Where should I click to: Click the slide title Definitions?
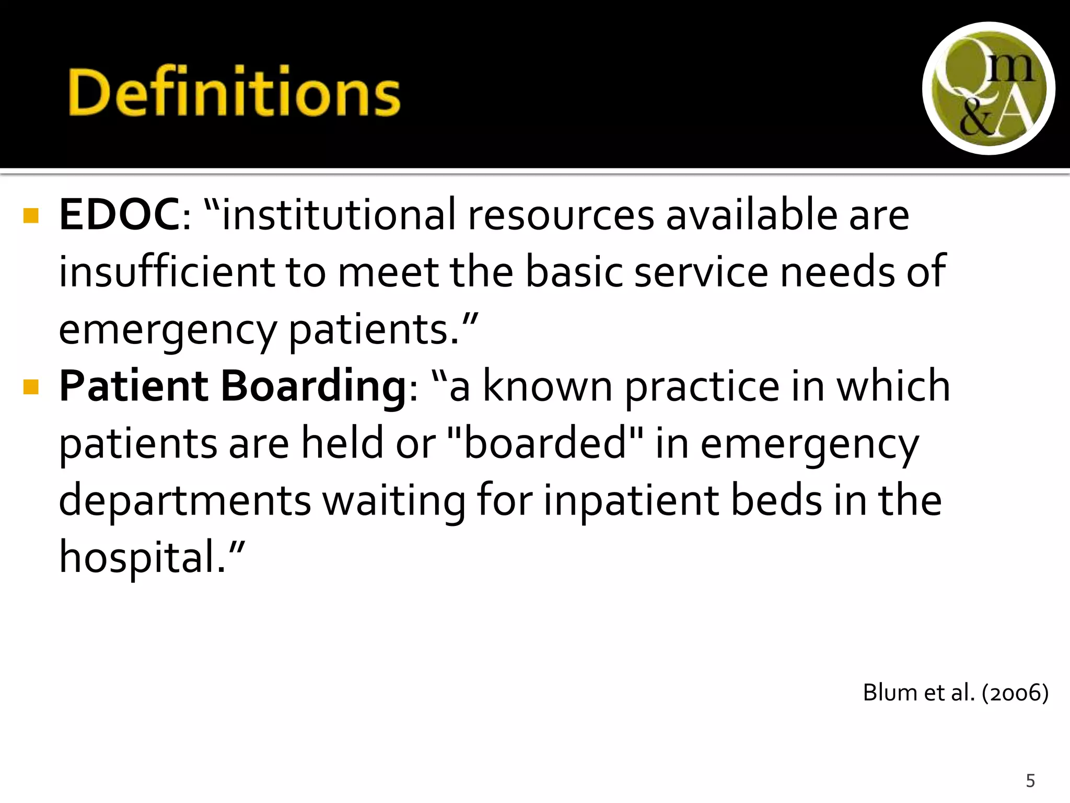point(234,92)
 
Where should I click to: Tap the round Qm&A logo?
point(988,88)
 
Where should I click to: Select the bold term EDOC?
point(119,215)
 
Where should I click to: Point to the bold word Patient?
point(134,386)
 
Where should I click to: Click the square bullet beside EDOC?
point(31,216)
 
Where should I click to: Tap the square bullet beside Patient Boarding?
point(31,387)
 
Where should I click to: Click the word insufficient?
point(166,272)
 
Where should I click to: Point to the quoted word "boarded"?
point(545,443)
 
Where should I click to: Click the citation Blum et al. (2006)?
point(955,693)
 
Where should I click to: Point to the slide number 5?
point(1030,781)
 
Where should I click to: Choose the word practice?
point(702,387)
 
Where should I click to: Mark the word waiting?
point(393,501)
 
